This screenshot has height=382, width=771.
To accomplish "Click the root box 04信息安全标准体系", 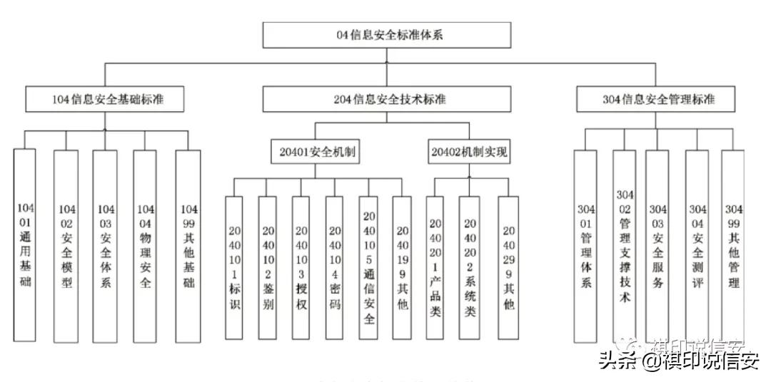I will [386, 34].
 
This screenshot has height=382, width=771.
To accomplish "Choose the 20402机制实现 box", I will [470, 152].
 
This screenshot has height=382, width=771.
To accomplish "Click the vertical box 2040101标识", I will [234, 267].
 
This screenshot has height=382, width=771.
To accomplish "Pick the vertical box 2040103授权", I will [301, 267].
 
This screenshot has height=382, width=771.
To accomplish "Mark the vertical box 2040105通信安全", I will [368, 267].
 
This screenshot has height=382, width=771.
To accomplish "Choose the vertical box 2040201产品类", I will [435, 267].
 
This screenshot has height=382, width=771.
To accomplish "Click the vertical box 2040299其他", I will [508, 267].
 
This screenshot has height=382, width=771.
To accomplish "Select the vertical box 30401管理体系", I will [585, 246].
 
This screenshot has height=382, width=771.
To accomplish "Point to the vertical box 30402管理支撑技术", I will [624, 246].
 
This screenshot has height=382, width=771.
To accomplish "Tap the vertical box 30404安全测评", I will [697, 246].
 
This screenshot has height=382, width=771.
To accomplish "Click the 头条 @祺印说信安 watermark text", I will [679, 361].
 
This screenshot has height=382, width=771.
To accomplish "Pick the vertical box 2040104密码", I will [334, 267].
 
